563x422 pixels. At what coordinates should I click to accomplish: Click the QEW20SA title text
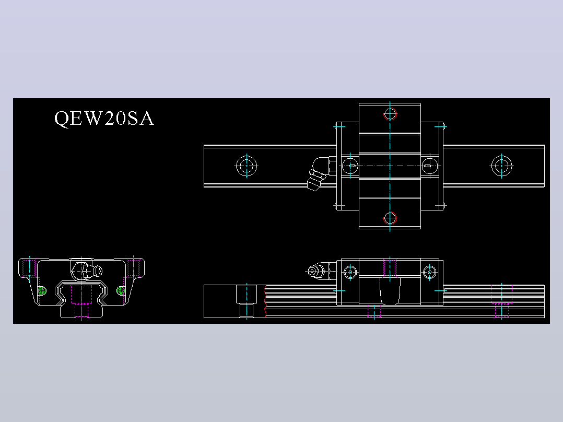tap(104, 118)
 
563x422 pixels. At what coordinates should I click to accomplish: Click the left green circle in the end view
tap(42, 290)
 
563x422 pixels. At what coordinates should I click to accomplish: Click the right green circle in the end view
tap(121, 290)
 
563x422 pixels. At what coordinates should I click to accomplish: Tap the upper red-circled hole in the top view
tap(390, 114)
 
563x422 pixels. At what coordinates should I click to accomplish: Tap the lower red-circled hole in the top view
tap(390, 218)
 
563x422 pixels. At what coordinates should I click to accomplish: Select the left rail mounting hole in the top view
tap(247, 166)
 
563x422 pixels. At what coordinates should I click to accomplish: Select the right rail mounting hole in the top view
tap(501, 166)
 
